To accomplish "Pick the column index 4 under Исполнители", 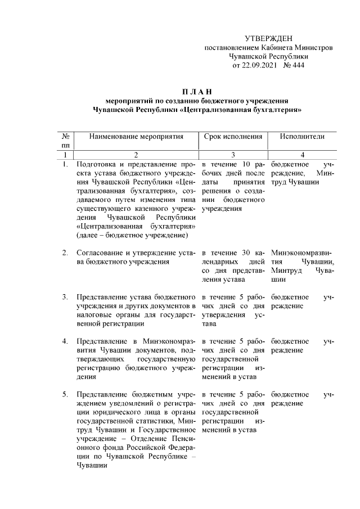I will pyautogui.click(x=303, y=155).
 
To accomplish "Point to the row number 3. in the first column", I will pyautogui.click(x=65, y=296).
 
